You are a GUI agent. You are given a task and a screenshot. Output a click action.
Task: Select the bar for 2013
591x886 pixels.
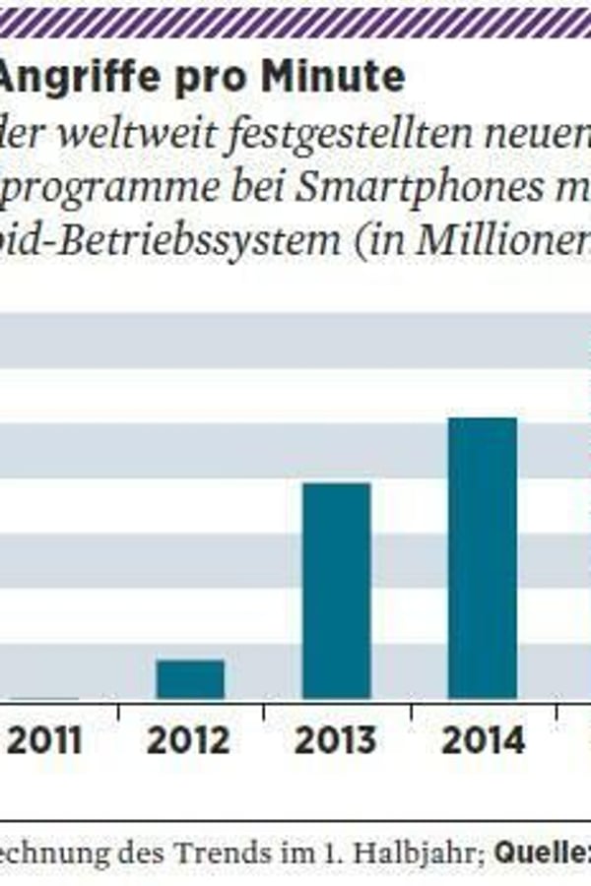(x=336, y=591)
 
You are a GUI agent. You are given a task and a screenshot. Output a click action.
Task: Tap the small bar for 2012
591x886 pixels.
(x=190, y=679)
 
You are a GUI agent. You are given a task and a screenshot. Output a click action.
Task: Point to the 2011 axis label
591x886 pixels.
(x=44, y=740)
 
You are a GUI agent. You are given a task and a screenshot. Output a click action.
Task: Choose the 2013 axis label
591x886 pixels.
(x=336, y=740)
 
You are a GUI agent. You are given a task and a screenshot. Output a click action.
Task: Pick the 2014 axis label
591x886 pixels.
(x=483, y=740)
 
